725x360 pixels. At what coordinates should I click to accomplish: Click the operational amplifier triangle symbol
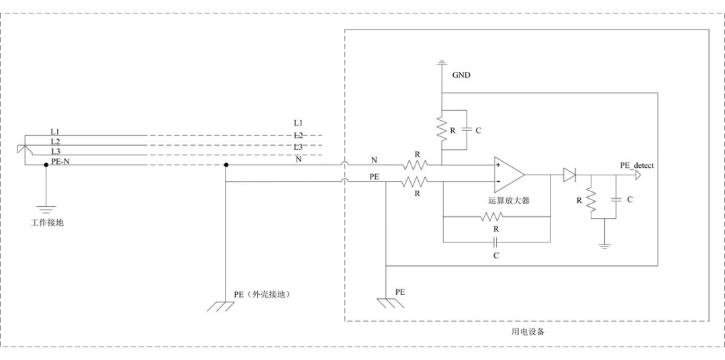(508, 173)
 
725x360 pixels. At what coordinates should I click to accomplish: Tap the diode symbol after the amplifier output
(570, 175)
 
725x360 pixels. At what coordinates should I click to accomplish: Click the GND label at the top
(461, 75)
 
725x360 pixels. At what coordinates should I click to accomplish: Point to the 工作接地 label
(47, 222)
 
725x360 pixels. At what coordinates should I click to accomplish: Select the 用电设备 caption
(528, 332)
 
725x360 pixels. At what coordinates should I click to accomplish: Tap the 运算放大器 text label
(508, 199)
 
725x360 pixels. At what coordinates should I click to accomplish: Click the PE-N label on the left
(61, 161)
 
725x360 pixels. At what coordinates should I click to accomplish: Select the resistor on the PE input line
(417, 181)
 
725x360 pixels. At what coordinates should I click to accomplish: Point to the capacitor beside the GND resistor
(467, 130)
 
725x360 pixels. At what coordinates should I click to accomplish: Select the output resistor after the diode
(590, 199)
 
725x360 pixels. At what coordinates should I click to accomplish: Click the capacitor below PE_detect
(616, 199)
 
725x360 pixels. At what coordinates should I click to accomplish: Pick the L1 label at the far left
(56, 131)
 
